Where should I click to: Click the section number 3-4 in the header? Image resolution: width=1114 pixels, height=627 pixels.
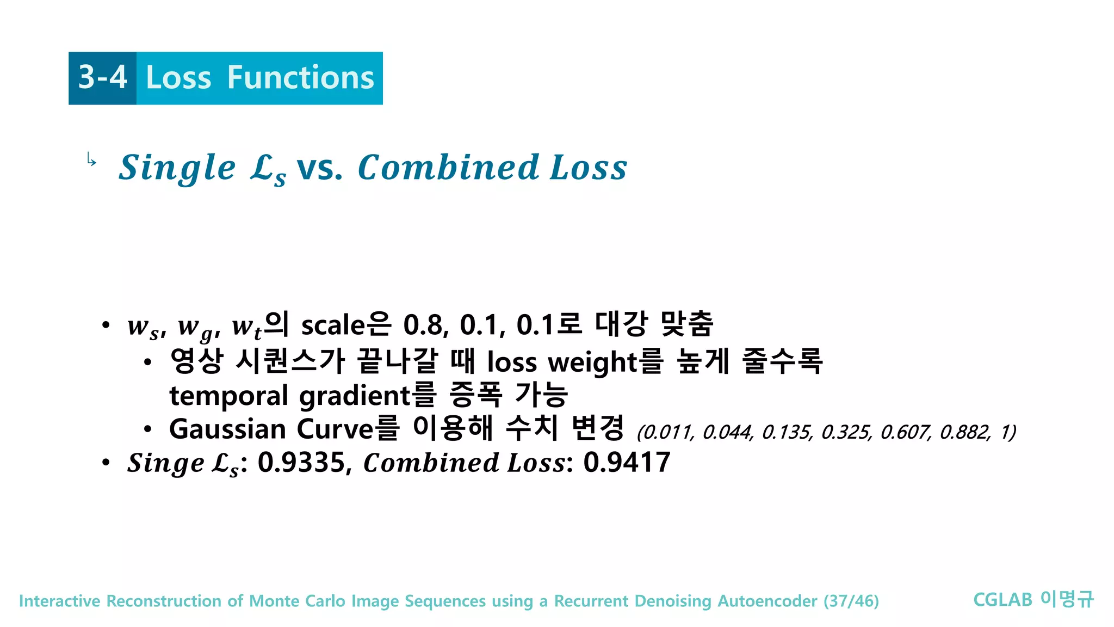click(x=103, y=77)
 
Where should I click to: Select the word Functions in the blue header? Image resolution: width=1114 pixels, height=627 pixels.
click(x=301, y=77)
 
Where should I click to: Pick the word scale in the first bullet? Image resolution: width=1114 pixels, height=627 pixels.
click(x=332, y=325)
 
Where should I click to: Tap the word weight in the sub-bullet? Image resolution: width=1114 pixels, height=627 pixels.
click(x=593, y=362)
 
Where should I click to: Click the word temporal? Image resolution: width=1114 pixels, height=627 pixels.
click(x=228, y=396)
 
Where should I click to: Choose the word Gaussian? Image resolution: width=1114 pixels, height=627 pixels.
click(x=227, y=429)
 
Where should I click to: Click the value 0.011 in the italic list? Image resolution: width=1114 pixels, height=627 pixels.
click(x=667, y=432)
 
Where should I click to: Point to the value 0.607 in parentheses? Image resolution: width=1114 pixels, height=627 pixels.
click(x=905, y=432)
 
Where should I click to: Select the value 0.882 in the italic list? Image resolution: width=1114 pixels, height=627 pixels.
click(x=964, y=432)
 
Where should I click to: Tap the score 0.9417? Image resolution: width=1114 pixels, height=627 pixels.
click(x=626, y=463)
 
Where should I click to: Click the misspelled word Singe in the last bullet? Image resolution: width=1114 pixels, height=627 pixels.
click(x=165, y=463)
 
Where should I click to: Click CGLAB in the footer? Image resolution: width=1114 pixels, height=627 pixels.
click(x=1002, y=600)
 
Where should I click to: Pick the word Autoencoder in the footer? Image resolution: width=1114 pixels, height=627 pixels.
click(x=767, y=601)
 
